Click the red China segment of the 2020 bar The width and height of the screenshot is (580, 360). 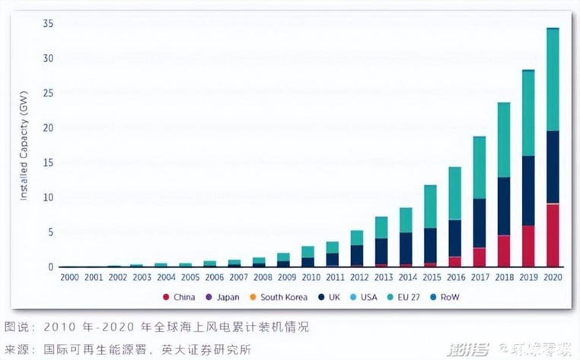point(552,235)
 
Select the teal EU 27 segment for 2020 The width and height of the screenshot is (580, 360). point(552,80)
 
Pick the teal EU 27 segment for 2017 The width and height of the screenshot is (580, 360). point(479,167)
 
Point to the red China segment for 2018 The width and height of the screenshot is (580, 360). point(503,251)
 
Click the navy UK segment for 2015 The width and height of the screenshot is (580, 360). point(430,245)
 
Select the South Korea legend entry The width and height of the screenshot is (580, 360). point(282,297)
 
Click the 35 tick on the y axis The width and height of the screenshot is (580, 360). point(48,24)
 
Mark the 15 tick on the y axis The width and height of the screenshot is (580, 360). point(48,163)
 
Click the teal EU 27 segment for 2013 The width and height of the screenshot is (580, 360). point(381,228)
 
